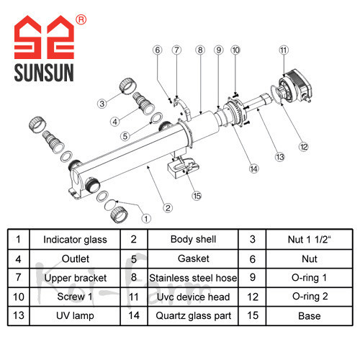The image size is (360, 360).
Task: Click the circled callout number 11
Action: (284, 50)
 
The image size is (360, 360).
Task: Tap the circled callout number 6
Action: (158, 50)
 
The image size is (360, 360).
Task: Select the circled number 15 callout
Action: (197, 196)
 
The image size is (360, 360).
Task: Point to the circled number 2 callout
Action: (168, 208)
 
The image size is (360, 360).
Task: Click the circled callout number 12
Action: (303, 147)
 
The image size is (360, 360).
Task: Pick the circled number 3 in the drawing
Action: (102, 104)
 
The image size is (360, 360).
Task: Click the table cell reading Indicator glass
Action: (75, 240)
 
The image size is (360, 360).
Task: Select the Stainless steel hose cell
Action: (193, 278)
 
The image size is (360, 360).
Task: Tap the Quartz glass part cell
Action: (193, 316)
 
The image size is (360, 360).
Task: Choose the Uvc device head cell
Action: (193, 297)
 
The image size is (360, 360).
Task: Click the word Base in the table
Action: (310, 316)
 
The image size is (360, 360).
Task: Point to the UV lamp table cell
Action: (75, 316)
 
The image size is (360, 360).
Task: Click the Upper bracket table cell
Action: (75, 278)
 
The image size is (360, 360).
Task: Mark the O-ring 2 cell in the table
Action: (310, 297)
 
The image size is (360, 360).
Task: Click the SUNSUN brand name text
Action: (44, 73)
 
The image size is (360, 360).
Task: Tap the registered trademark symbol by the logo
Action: (81, 19)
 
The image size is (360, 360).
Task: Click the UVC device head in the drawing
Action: (294, 86)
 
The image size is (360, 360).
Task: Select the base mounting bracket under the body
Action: (183, 167)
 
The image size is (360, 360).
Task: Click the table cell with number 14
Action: (134, 316)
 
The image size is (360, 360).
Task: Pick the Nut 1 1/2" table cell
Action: (310, 240)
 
